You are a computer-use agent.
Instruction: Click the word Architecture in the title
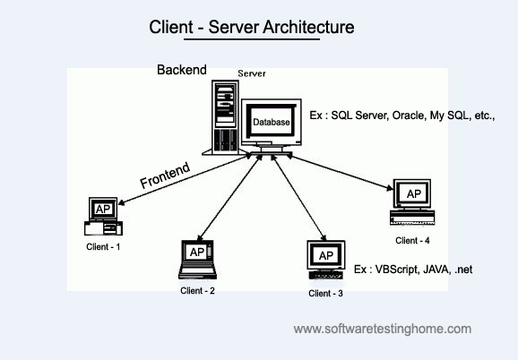[x=308, y=27]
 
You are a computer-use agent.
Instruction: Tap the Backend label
[x=182, y=70]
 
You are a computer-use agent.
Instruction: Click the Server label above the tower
[x=252, y=73]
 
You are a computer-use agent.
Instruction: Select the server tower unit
[x=225, y=117]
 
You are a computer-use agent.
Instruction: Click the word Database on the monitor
[x=272, y=122]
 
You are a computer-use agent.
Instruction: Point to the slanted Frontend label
[x=165, y=176]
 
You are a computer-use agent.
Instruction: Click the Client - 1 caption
[x=103, y=247]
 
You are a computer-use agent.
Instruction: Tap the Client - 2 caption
[x=197, y=291]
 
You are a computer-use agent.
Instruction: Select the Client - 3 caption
[x=325, y=294]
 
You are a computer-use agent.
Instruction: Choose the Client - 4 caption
[x=412, y=241]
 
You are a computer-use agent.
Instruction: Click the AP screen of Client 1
[x=103, y=209]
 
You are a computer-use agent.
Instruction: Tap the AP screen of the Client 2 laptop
[x=197, y=253]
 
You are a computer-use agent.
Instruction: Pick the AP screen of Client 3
[x=326, y=255]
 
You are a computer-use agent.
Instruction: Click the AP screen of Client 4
[x=413, y=193]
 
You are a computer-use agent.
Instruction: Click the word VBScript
[x=397, y=270]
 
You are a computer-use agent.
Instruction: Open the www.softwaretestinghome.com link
[x=382, y=329]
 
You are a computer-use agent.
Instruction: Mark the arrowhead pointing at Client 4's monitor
[x=390, y=188]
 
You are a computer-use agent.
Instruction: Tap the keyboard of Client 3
[x=325, y=275]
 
